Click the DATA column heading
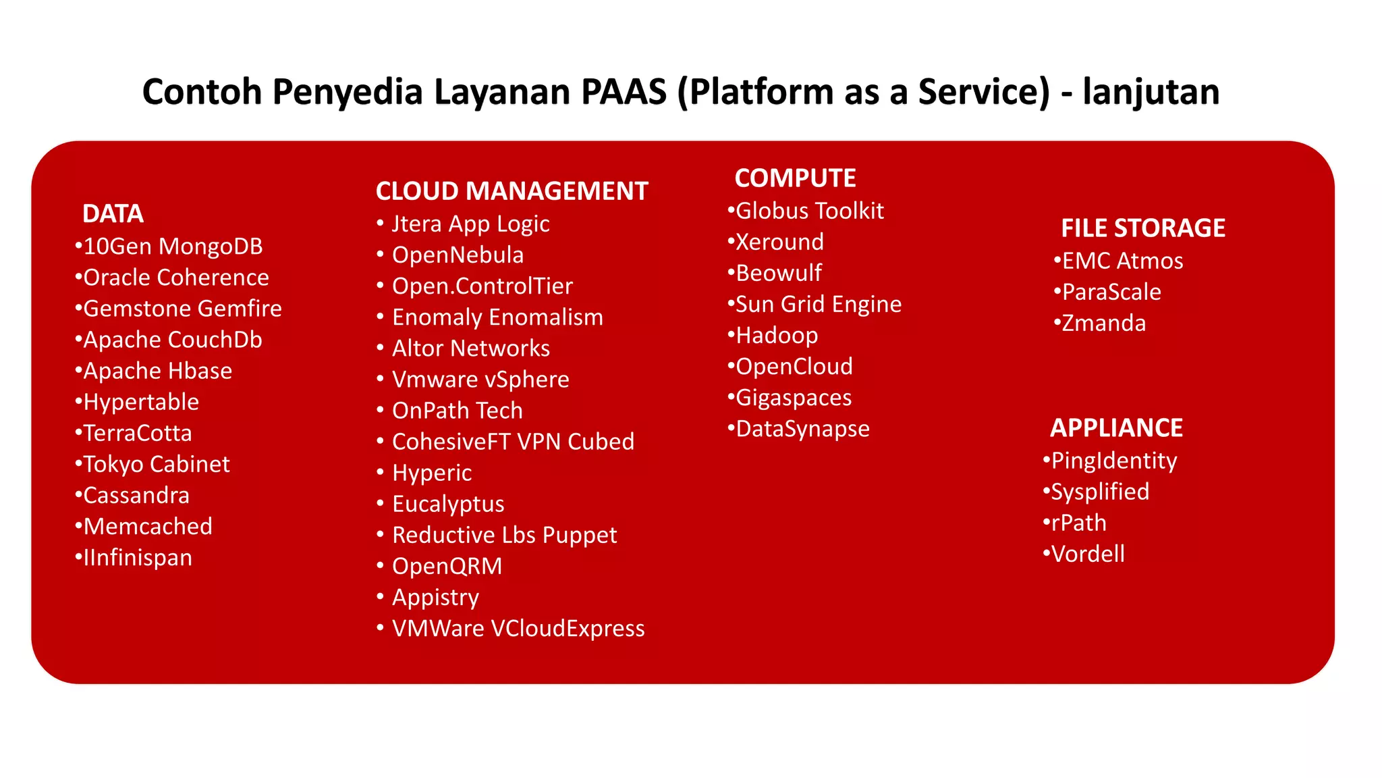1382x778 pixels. click(113, 214)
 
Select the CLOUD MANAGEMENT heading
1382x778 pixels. click(512, 191)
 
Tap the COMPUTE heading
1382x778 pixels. click(795, 178)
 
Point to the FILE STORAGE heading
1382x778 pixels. click(1142, 228)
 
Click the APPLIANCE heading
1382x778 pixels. click(1116, 428)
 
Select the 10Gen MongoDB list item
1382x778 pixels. click(173, 247)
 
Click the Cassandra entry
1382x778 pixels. click(136, 496)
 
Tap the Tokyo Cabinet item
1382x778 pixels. click(156, 465)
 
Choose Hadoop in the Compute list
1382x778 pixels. click(777, 336)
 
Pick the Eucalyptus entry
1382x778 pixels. click(448, 504)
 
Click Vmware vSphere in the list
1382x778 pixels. click(480, 380)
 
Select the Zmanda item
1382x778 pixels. click(1103, 323)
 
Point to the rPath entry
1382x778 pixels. click(1078, 523)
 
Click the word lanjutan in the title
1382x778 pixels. click(1151, 92)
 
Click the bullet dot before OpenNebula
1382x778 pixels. click(380, 255)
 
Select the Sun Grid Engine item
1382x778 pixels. click(818, 305)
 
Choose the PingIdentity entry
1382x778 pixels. click(1113, 461)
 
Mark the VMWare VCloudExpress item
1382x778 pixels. click(518, 629)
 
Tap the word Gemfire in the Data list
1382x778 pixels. click(245, 309)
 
